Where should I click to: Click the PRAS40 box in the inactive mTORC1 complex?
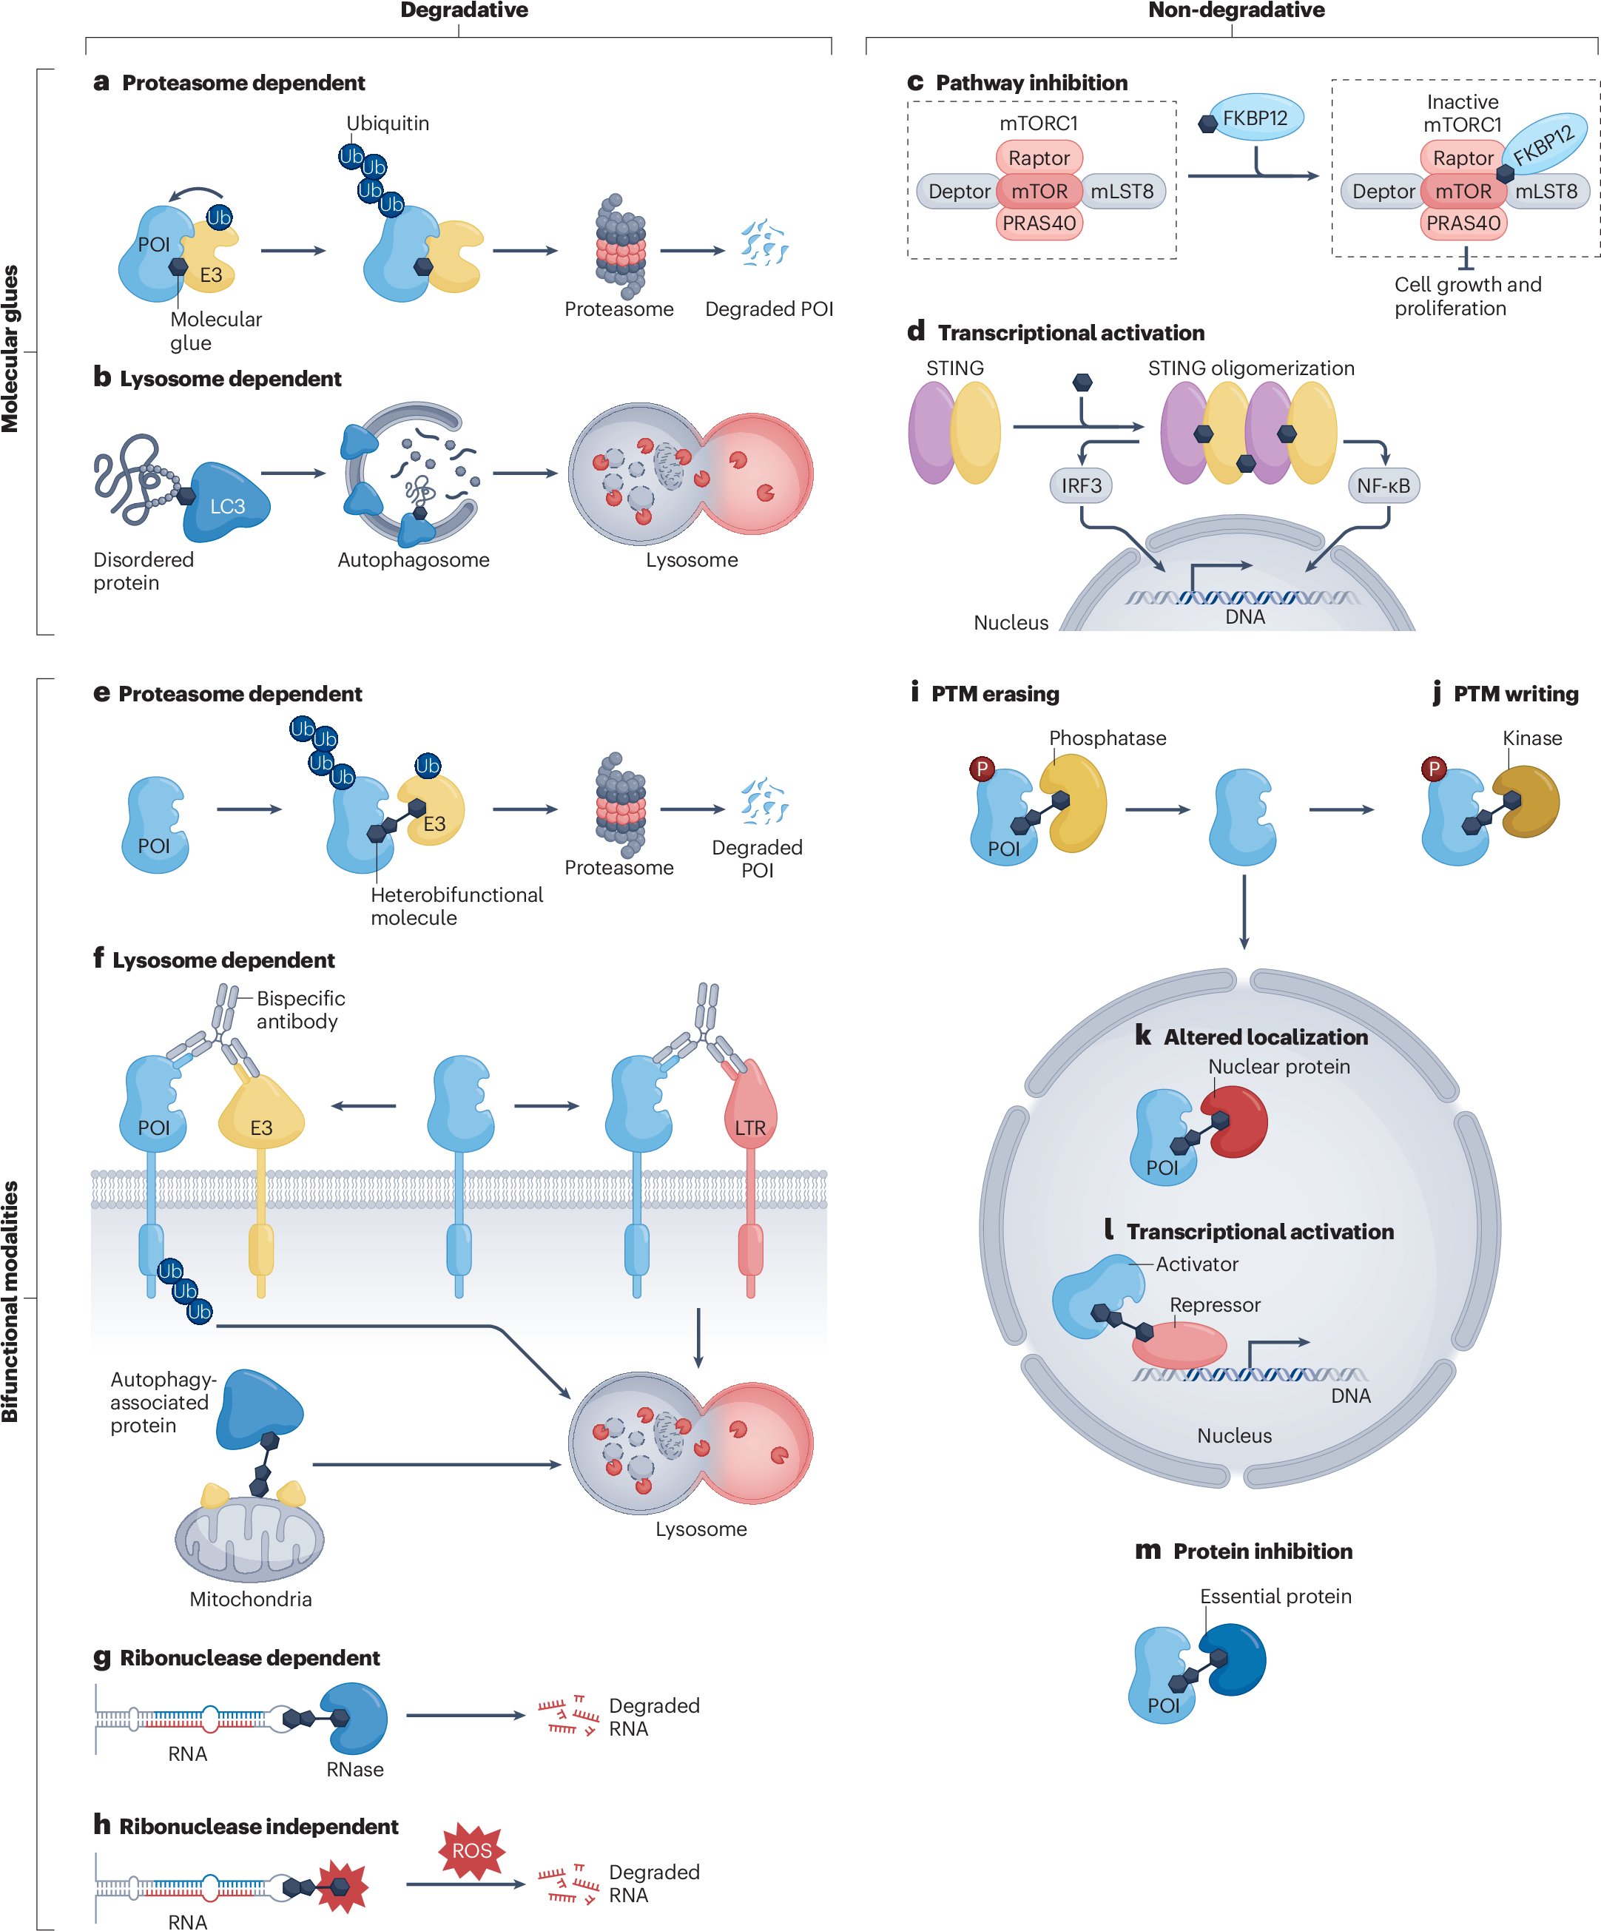pos(1463,223)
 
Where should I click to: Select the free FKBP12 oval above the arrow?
pos(1257,118)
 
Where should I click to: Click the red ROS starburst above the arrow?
pos(472,1850)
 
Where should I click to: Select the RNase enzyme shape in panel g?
pos(357,1718)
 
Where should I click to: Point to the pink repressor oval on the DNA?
pos(1179,1344)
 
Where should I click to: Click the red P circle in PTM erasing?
pos(982,769)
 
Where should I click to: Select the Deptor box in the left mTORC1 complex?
pos(958,192)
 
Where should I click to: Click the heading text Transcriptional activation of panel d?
pos(1071,333)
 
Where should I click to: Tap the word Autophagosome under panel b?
pos(413,560)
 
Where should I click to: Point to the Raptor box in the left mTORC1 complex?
pos(1039,158)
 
